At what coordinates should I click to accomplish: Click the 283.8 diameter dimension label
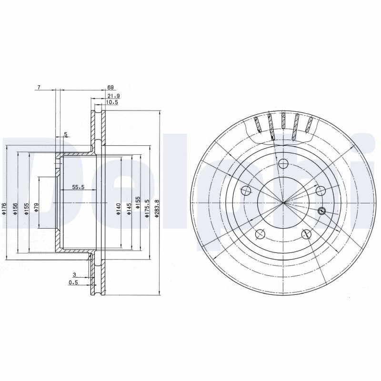coord(157,208)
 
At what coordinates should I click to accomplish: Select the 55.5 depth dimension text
coord(78,187)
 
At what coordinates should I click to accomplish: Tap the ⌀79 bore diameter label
coord(36,208)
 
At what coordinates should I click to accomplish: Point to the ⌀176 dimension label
coord(4,208)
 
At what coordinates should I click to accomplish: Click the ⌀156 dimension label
coord(15,209)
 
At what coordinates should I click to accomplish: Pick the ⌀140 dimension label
coord(118,209)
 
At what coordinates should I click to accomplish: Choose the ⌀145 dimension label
coord(129,209)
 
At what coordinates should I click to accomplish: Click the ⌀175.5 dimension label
coord(147,208)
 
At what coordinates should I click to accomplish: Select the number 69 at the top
coord(110,88)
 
